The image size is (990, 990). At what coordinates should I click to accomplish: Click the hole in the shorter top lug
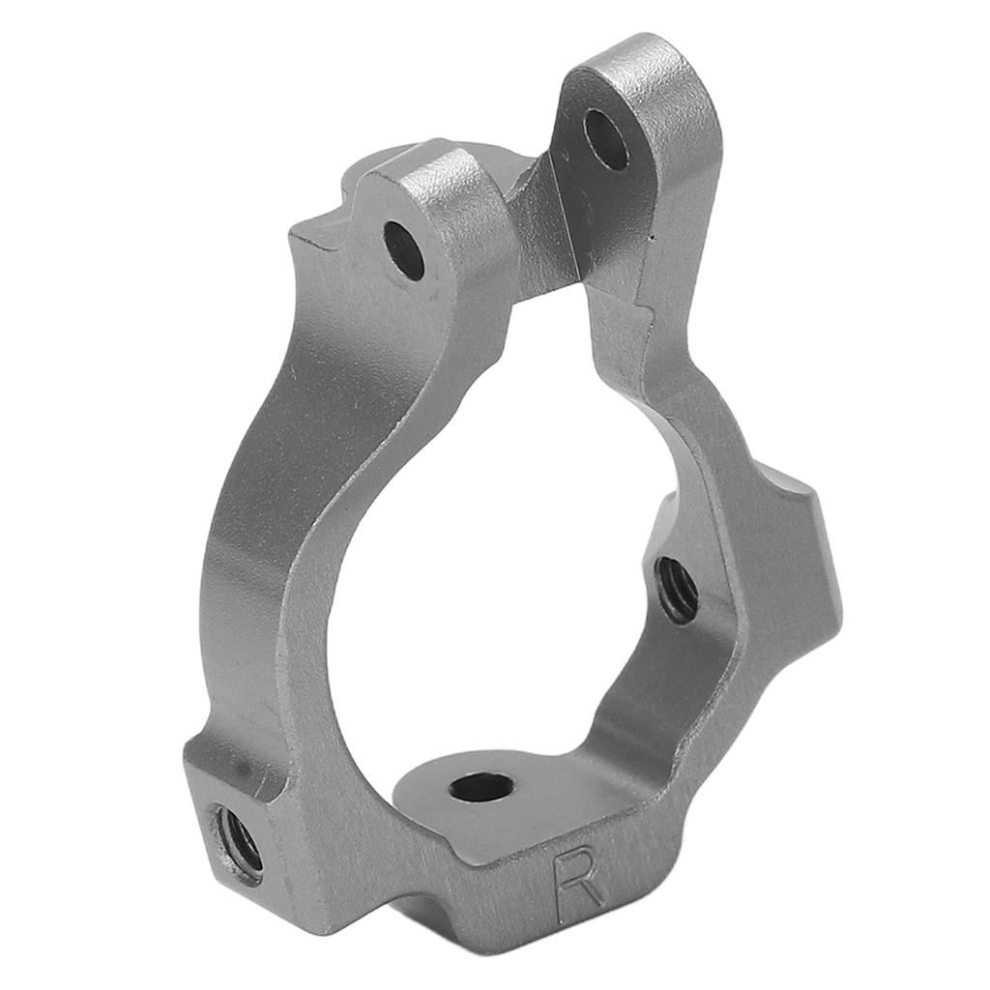click(404, 250)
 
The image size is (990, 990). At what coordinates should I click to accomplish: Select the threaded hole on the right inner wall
click(678, 590)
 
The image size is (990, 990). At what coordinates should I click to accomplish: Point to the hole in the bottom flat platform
click(481, 788)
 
